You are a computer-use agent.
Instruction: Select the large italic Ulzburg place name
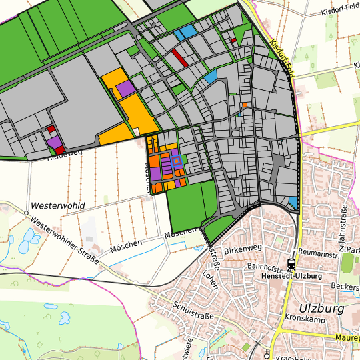point(321,308)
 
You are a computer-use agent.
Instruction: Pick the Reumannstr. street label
point(321,253)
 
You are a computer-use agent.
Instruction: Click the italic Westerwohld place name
point(57,205)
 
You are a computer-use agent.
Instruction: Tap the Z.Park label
point(350,249)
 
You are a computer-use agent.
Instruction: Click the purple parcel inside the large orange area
point(125,89)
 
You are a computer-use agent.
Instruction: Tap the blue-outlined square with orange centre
point(176,160)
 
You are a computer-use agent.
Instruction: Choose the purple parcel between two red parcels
point(54,142)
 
